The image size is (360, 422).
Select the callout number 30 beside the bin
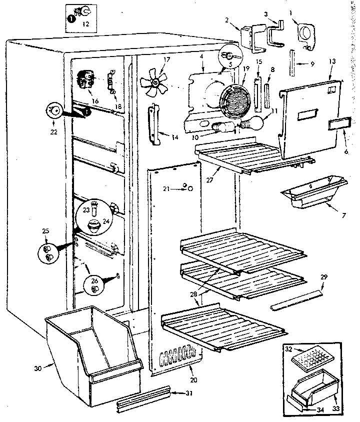pos(38,369)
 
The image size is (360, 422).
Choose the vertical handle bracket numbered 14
pos(154,125)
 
